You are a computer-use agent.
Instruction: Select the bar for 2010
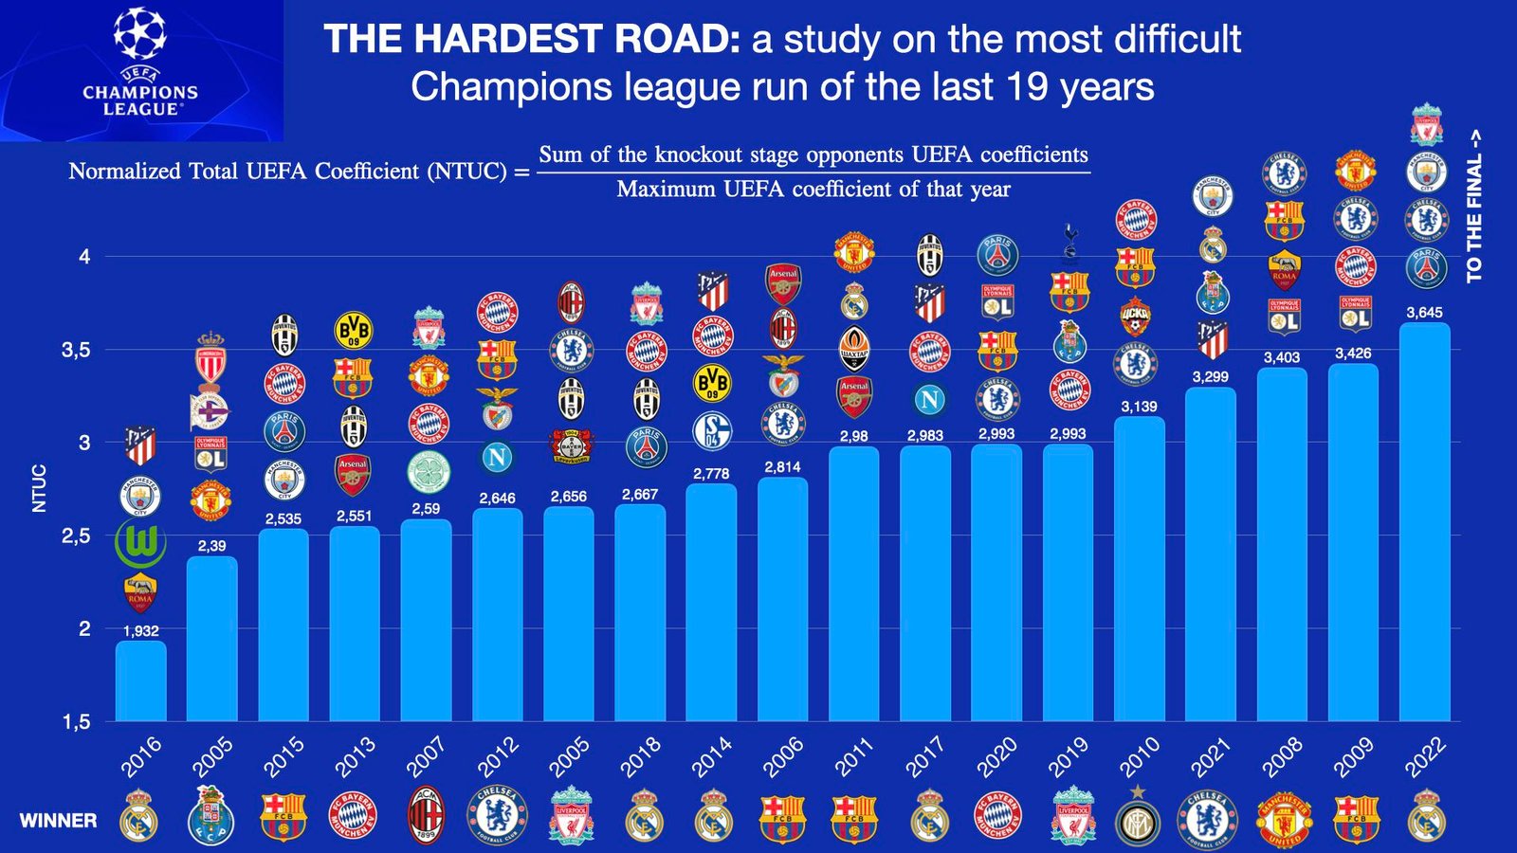pos(1139,569)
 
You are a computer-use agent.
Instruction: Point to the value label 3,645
pos(1424,312)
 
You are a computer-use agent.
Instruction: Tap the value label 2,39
pos(211,546)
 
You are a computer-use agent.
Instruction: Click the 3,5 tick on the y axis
pos(76,351)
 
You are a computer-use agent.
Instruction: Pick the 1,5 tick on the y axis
pos(76,722)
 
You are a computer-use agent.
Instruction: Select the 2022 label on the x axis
pos(1424,758)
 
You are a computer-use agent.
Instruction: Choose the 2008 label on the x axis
pos(1282,758)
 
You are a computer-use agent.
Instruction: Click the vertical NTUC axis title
pos(40,488)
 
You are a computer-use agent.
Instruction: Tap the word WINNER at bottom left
pos(58,821)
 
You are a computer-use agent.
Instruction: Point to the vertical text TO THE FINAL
pos(1473,206)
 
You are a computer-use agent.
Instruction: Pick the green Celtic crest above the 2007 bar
pos(428,471)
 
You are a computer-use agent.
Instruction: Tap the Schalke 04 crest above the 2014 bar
pos(712,431)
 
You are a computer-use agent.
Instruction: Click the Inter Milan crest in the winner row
pos(1138,818)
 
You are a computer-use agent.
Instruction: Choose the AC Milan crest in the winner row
pos(426,816)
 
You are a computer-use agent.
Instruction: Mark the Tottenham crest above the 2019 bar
pos(1069,244)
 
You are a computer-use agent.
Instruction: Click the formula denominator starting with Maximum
pos(813,190)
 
